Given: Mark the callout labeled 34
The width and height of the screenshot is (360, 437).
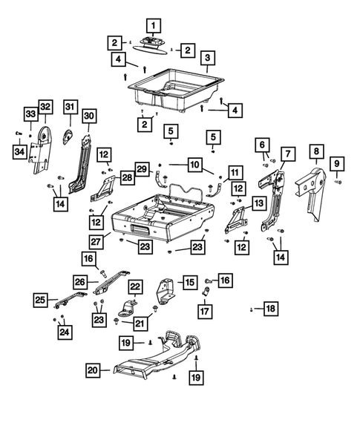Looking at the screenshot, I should [x=19, y=153].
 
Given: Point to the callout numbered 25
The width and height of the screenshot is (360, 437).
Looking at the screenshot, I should [x=40, y=300].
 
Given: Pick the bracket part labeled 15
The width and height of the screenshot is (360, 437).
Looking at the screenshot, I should [x=166, y=291].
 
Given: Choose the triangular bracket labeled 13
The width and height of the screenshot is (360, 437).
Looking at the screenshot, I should [x=238, y=218].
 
